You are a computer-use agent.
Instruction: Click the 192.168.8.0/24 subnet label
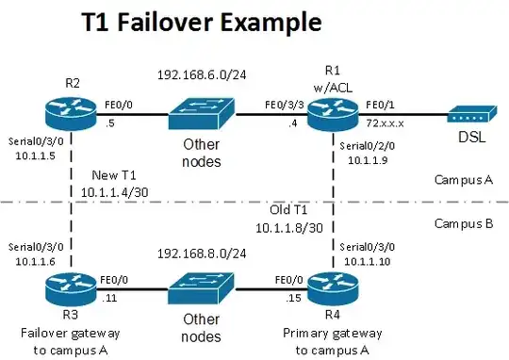click(201, 253)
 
